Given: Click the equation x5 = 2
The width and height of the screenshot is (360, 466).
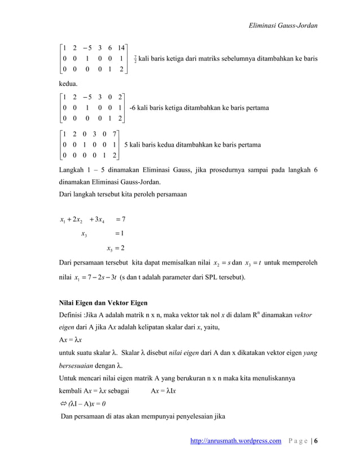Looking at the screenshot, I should coord(115,248).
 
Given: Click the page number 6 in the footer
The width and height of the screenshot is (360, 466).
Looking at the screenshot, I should coord(315,449).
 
